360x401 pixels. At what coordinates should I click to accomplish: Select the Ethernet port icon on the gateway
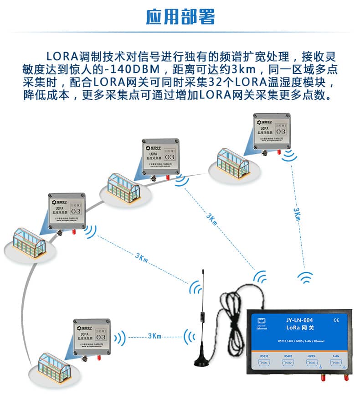pyautogui.click(x=261, y=321)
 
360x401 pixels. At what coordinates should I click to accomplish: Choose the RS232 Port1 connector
pyautogui.click(x=264, y=363)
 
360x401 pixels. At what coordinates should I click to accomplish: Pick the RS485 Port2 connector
pyautogui.click(x=288, y=363)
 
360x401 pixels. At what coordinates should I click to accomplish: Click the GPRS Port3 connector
pyautogui.click(x=312, y=363)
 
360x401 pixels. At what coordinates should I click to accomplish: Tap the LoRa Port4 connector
pyautogui.click(x=336, y=363)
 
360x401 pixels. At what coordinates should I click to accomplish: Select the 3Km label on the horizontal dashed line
pyautogui.click(x=154, y=337)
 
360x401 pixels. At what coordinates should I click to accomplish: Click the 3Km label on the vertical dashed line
pyautogui.click(x=297, y=214)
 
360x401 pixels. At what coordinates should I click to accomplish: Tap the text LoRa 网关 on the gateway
pyautogui.click(x=299, y=328)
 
